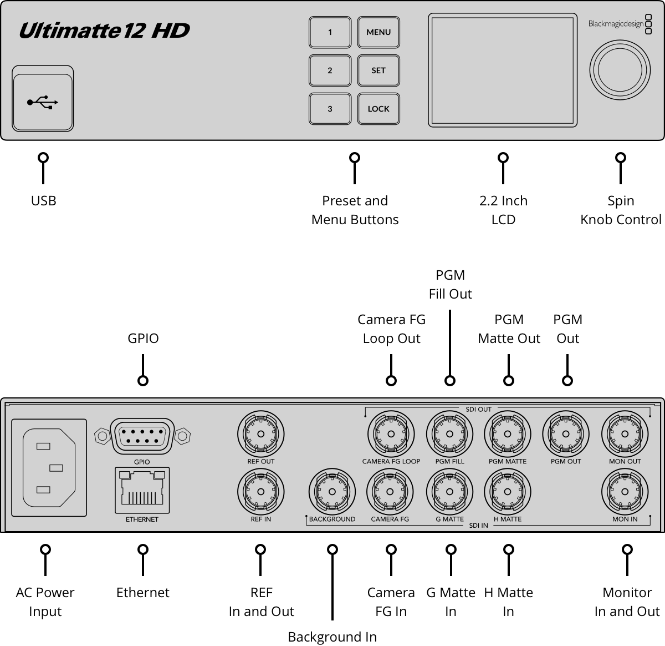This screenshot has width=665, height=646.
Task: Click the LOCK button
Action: (x=378, y=109)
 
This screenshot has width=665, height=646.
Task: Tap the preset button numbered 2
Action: (x=330, y=70)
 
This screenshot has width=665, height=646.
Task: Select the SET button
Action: (x=378, y=70)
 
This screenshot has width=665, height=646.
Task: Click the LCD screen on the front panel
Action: (x=503, y=70)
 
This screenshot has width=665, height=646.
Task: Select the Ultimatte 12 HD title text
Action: (x=104, y=31)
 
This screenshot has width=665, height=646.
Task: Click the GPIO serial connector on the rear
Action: (x=142, y=436)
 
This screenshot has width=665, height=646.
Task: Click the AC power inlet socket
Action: (x=49, y=467)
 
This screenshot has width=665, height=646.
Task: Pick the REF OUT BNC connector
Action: (x=260, y=434)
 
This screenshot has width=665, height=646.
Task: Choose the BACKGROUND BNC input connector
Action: (x=332, y=492)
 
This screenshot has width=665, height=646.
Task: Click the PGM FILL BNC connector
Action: (x=449, y=434)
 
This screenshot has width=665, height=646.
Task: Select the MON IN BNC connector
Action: (x=625, y=492)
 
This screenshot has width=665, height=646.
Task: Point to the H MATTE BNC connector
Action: (x=508, y=492)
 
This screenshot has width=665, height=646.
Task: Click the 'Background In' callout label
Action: (x=332, y=637)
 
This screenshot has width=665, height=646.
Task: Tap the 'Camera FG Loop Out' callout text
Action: (x=391, y=329)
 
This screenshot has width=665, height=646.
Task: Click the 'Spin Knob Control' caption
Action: (x=621, y=210)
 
